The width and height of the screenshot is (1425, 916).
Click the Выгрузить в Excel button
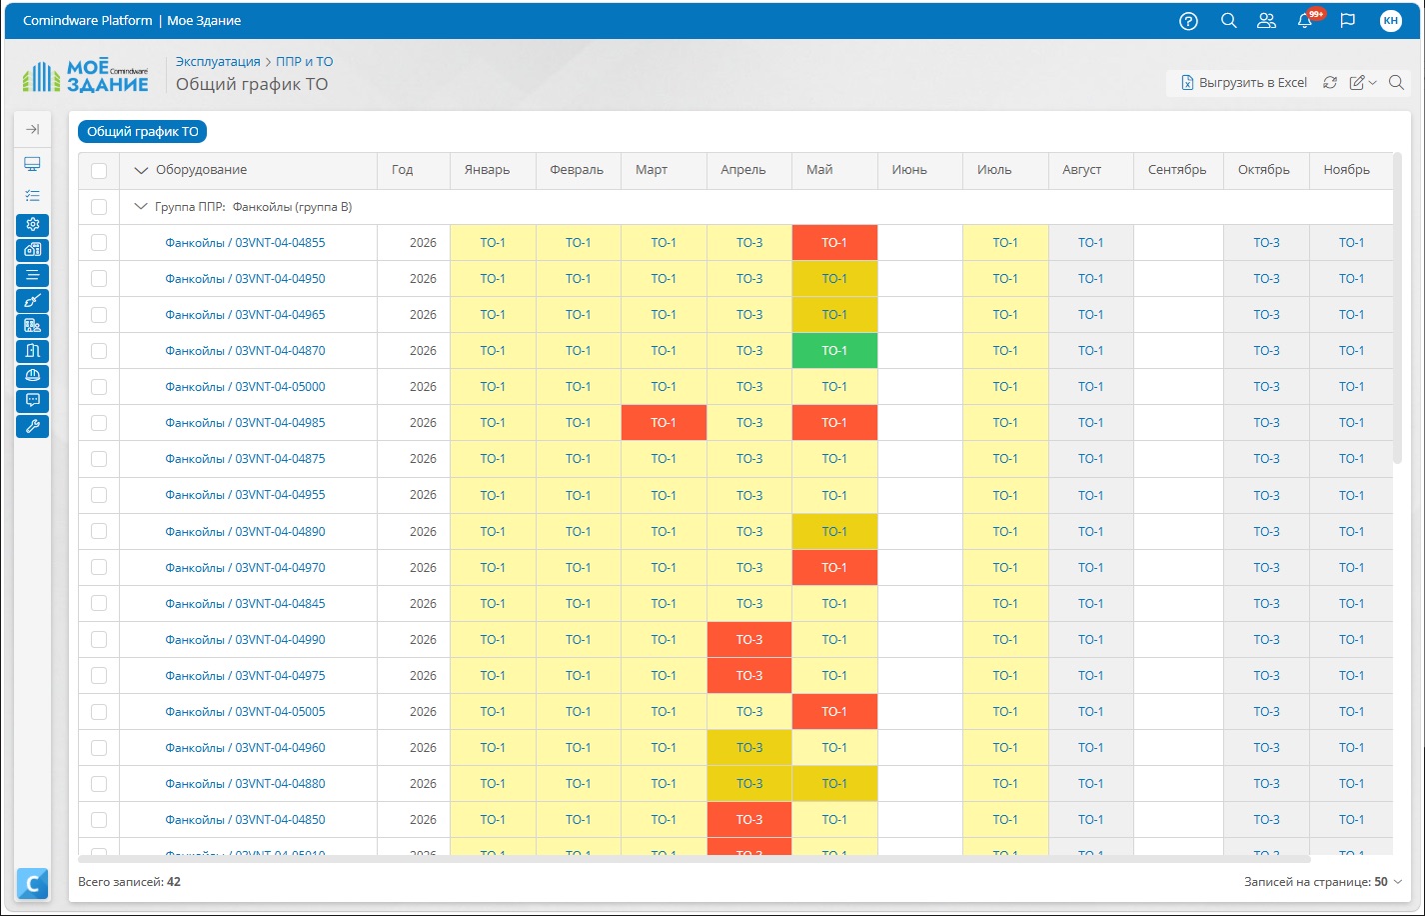1244,83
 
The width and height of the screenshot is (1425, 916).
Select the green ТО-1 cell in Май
834,351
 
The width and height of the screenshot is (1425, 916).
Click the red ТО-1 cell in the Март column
664,423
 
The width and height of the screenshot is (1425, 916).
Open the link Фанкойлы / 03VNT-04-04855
245,243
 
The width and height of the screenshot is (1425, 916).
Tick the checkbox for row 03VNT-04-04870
99,351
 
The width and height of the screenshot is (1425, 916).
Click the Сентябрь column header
1177,170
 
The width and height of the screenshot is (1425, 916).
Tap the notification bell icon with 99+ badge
1305,20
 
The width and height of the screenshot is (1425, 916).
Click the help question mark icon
1188,21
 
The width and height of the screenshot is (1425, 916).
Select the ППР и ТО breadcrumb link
304,62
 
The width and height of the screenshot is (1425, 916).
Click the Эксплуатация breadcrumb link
218,62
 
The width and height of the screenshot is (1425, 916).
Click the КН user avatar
1391,21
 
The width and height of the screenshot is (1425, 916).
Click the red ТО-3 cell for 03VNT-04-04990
748,640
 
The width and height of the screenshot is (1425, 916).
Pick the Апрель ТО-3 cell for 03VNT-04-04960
748,748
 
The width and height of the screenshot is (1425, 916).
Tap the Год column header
402,170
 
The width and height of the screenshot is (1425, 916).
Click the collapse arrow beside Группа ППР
141,206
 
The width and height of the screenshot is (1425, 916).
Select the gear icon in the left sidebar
32,225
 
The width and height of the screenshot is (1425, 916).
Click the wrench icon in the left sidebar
32,426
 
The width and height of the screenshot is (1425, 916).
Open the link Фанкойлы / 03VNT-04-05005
245,712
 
